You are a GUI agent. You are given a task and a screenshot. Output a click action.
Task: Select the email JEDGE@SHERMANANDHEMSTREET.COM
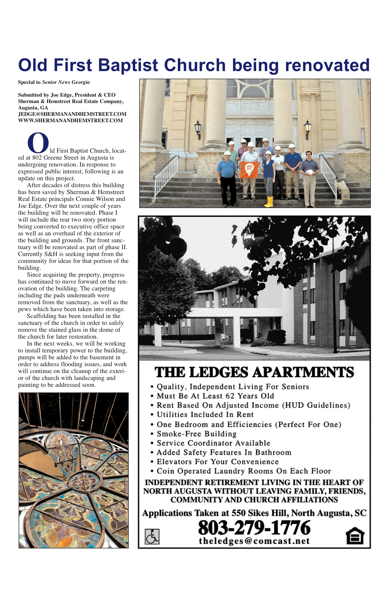point(72,114)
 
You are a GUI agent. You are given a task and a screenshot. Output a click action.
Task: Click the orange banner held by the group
point(249,169)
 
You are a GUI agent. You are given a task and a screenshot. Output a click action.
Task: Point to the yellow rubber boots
point(269,202)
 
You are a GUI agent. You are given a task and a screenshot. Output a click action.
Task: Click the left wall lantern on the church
point(198,129)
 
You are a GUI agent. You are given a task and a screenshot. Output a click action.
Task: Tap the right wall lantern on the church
point(307,129)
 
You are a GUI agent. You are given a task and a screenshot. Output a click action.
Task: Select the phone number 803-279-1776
point(254,528)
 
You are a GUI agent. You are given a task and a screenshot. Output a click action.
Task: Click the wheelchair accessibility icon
point(152,537)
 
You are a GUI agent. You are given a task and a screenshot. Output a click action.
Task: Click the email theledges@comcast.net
point(254,541)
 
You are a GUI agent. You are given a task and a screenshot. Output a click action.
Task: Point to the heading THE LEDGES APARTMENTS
point(254,372)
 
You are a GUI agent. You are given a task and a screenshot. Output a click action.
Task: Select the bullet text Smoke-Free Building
point(196,434)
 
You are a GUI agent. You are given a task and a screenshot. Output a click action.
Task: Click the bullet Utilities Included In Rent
point(205,415)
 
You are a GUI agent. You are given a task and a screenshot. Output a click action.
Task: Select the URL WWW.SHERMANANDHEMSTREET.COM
point(70,120)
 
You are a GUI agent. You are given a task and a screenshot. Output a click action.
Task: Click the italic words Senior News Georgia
point(66,82)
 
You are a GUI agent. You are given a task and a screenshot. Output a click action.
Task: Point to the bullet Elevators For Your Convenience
point(218,462)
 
